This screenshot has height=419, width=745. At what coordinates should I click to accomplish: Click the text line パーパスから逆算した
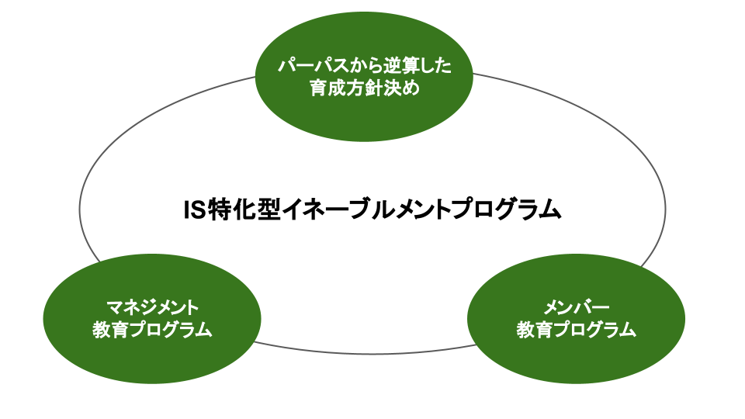[364, 67]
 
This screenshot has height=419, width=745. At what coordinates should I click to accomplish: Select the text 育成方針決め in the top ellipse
[364, 88]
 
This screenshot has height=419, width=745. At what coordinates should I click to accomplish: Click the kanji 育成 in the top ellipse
[327, 88]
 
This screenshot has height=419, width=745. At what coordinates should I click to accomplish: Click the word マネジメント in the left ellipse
[151, 306]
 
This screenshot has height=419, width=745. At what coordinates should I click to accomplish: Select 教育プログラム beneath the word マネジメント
[151, 329]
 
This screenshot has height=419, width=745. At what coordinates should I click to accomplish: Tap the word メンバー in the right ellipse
[576, 306]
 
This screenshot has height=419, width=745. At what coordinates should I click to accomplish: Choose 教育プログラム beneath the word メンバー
[576, 329]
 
